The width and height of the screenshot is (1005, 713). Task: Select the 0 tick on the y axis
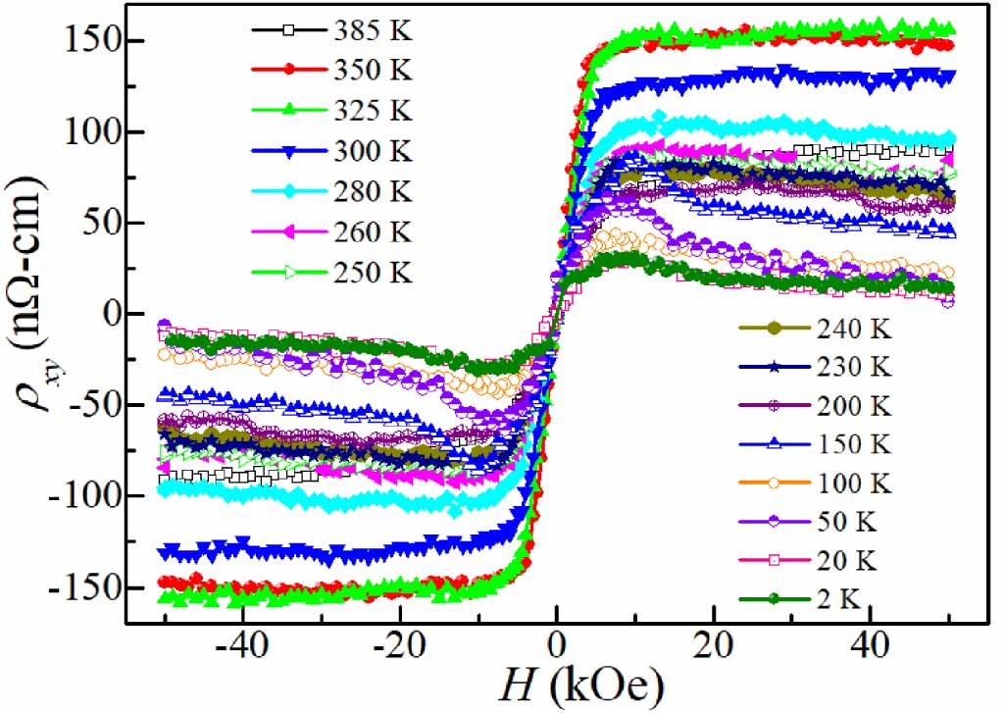[108, 315]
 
